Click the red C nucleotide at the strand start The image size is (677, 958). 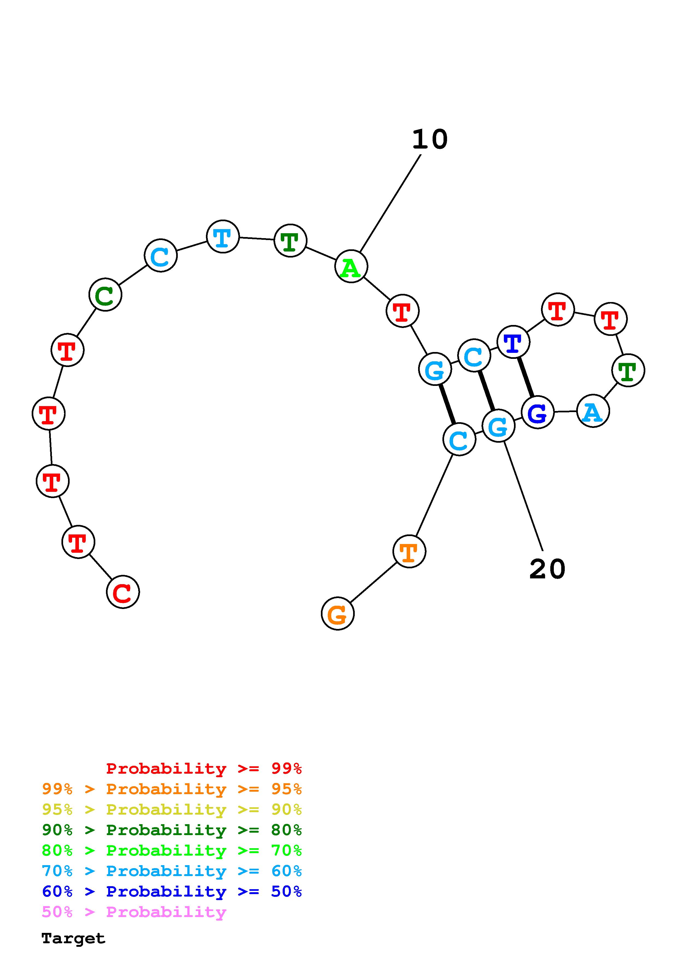pyautogui.click(x=123, y=592)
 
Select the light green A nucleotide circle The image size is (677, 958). pyautogui.click(x=351, y=266)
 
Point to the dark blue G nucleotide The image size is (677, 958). pyautogui.click(x=537, y=412)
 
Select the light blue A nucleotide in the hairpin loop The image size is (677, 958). pyautogui.click(x=593, y=411)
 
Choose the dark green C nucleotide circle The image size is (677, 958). pyautogui.click(x=105, y=295)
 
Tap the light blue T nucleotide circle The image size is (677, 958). pyautogui.click(x=223, y=236)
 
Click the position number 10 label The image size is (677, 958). pyautogui.click(x=430, y=139)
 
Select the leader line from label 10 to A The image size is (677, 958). pyautogui.click(x=390, y=203)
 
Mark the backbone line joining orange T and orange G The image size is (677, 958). pyautogui.click(x=373, y=583)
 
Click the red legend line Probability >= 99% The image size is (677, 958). pyautogui.click(x=203, y=768)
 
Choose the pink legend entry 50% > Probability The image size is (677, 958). pyautogui.click(x=134, y=912)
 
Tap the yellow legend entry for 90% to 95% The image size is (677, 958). pyautogui.click(x=172, y=809)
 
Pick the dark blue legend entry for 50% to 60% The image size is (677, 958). pyautogui.click(x=172, y=891)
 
